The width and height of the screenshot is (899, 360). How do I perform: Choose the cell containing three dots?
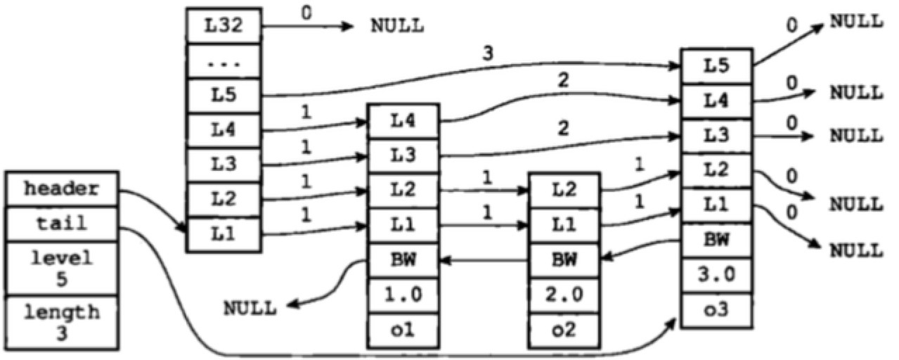224,62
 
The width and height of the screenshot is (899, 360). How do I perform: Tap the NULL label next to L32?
397,27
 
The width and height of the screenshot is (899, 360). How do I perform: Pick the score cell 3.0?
716,275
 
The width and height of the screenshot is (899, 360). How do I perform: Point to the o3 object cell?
716,310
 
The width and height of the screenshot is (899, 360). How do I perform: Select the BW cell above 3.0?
716,240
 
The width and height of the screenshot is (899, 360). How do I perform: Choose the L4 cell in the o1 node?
403,121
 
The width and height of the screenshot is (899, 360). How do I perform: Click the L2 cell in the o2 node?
564,190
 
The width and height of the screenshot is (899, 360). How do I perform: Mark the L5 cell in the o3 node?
716,66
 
